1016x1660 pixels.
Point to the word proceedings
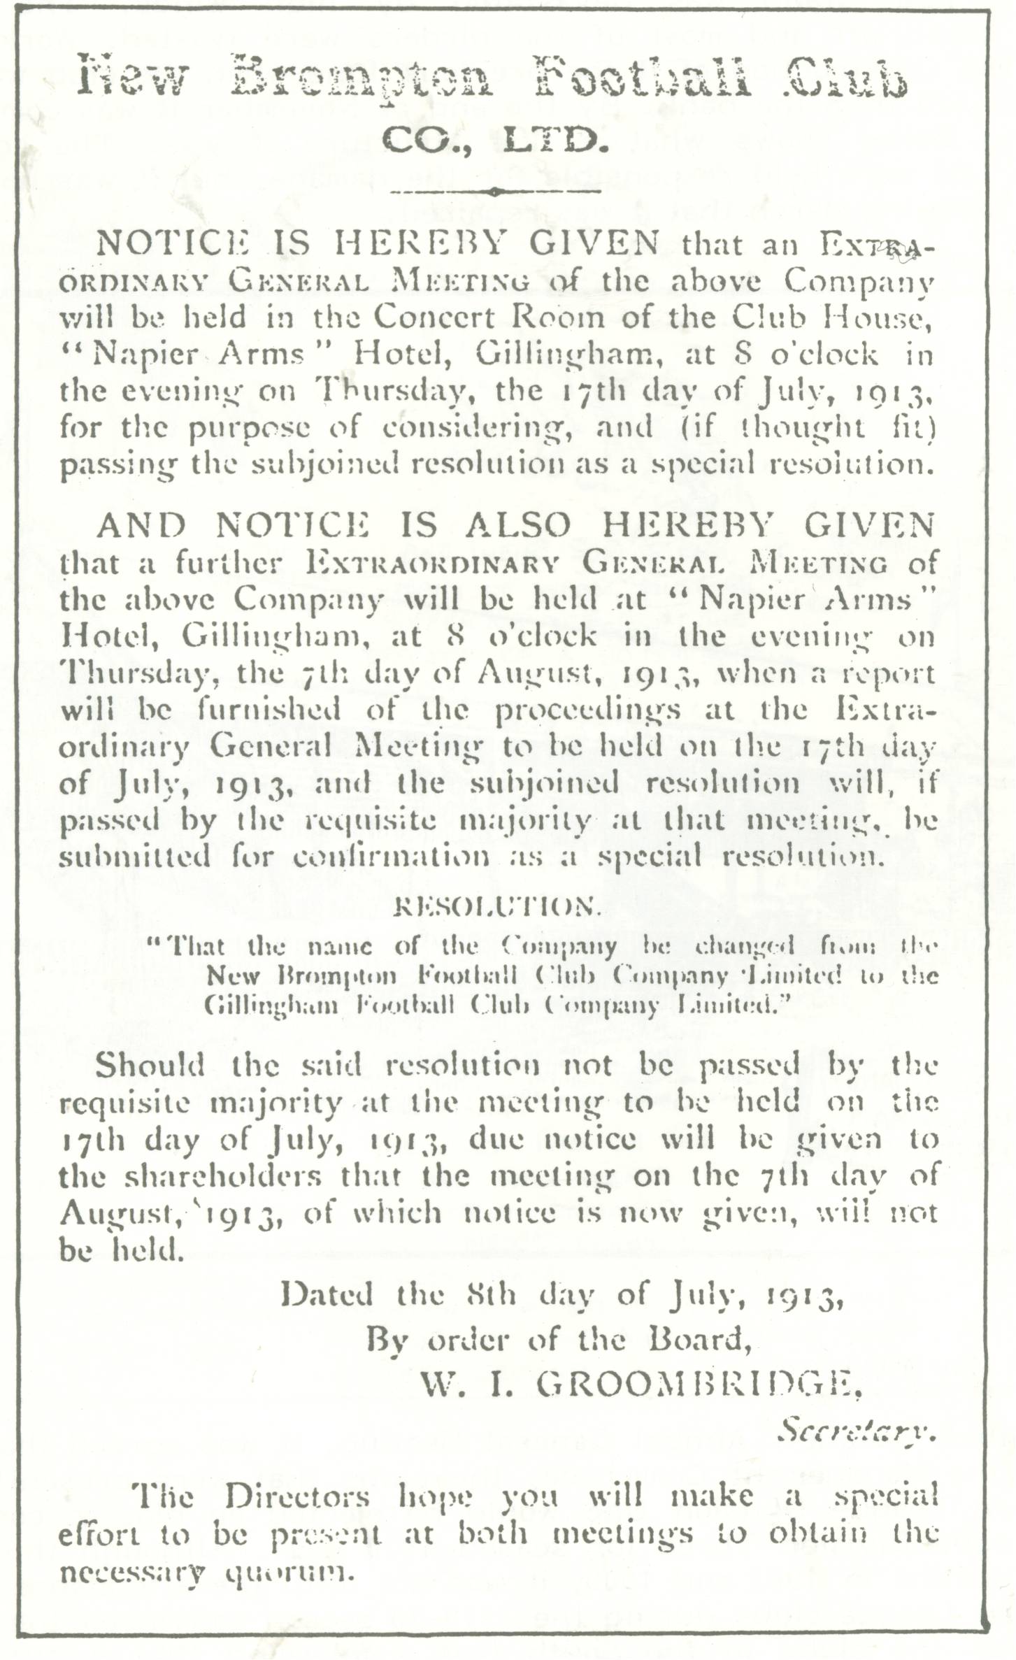click(587, 710)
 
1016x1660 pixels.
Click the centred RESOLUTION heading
click(497, 908)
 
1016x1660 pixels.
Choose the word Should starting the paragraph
click(150, 1065)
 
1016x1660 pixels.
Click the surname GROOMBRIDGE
click(699, 1382)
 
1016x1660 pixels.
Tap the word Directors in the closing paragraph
click(298, 1496)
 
